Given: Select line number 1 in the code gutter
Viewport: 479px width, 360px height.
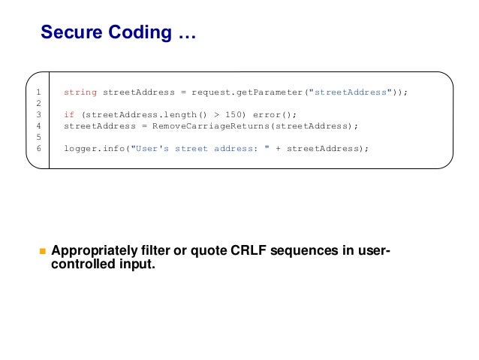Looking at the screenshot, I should pos(37,92).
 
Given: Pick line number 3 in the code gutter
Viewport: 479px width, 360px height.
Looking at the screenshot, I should pos(37,114).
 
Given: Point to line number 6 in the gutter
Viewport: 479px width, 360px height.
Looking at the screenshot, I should pos(37,148).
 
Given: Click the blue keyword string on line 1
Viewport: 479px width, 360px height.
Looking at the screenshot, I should pos(80,92).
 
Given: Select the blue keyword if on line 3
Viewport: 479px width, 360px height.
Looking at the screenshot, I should pos(68,114).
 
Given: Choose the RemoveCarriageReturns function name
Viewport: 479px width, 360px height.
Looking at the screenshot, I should pos(214,126).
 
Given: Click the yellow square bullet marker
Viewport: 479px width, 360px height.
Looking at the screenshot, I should pos(43,251).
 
